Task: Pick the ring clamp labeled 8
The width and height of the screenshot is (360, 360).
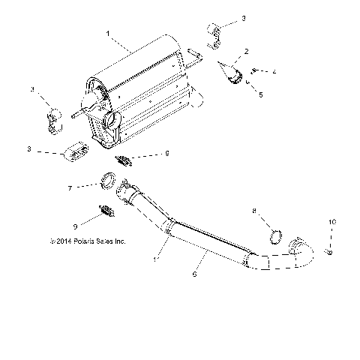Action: click(274, 239)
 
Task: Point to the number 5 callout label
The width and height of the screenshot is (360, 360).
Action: click(259, 94)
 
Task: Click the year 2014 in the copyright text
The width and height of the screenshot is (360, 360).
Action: click(62, 241)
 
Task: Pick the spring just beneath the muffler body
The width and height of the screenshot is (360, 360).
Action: click(125, 158)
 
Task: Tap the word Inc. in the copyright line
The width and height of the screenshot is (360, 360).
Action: click(118, 241)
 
